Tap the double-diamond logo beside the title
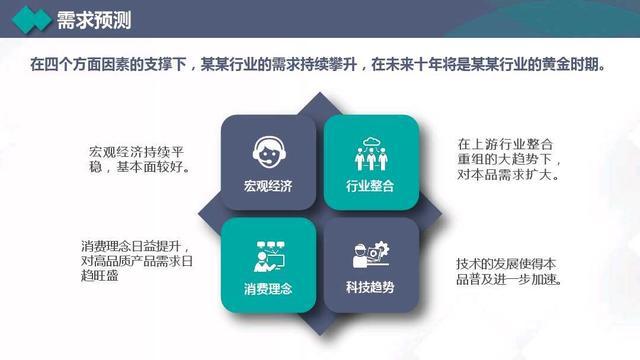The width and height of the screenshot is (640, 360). pyautogui.click(x=34, y=19)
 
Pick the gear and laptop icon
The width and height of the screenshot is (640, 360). pyautogui.click(x=370, y=257)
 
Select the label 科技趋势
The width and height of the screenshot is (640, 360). pyautogui.click(x=370, y=288)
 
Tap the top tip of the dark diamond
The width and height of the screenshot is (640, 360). pyautogui.click(x=319, y=94)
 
